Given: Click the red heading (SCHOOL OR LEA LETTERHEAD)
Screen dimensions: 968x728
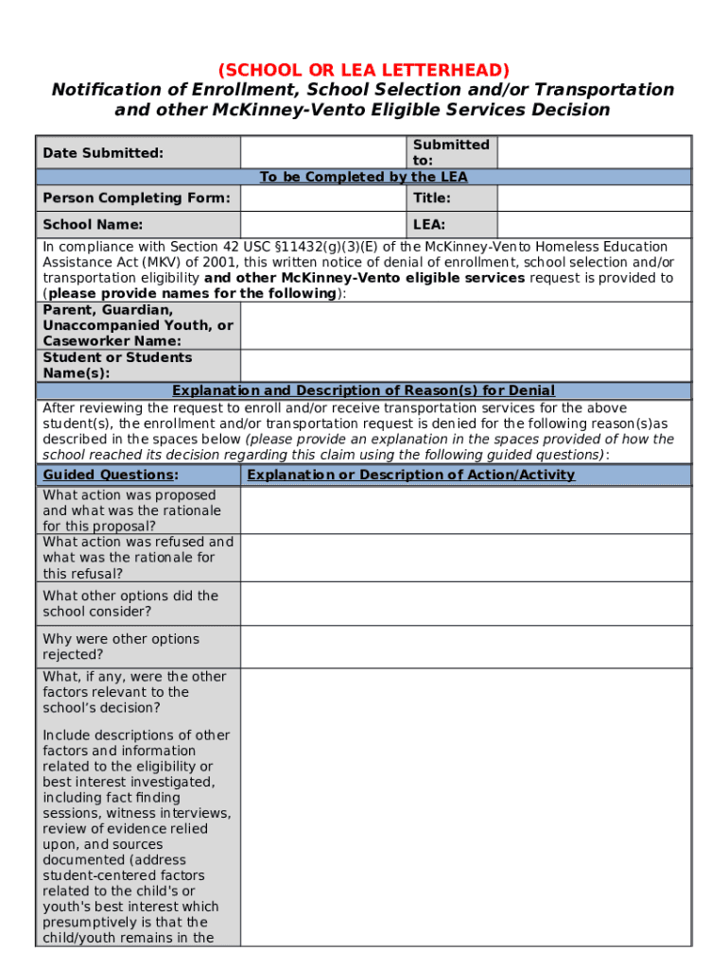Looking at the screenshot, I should coord(363,70).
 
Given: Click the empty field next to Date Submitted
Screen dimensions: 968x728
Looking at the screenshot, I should coord(323,152).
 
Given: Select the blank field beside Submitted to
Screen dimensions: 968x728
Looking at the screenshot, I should coord(593,152).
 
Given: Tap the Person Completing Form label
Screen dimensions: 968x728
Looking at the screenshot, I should coord(136,198).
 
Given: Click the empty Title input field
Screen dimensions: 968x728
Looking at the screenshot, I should coord(593,198).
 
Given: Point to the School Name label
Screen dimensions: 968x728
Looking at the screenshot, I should coord(93,224).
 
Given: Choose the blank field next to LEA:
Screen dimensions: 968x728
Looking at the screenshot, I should coord(593,224).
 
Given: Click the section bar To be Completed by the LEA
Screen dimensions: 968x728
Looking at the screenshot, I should coord(363,177).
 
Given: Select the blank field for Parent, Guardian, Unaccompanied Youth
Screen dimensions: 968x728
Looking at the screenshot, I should coord(465,325).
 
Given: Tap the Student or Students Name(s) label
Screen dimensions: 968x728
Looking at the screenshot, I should coord(117,365).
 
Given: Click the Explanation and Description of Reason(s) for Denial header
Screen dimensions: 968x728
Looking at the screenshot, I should coord(363,390).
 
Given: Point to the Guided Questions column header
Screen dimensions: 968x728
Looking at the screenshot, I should coord(111,475).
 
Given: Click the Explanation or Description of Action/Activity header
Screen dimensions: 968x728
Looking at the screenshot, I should coord(410,475).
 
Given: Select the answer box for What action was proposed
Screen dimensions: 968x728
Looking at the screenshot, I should coord(465,510).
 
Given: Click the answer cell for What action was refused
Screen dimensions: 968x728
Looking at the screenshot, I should coord(465,558).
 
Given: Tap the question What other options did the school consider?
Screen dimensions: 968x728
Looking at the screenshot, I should coord(130,603).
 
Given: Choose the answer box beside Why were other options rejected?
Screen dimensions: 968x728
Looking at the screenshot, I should coord(465,647).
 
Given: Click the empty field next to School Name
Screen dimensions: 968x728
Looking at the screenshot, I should coord(323,224).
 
